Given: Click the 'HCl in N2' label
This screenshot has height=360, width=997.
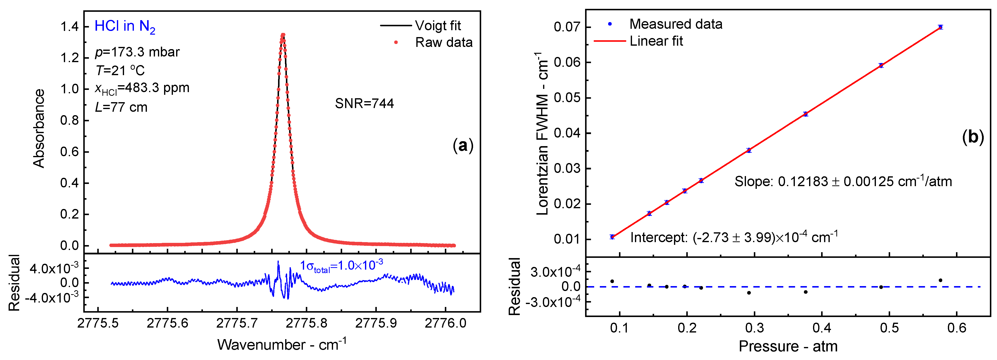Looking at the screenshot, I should pos(125,26).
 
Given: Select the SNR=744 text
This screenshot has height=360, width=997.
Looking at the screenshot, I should pos(364,103).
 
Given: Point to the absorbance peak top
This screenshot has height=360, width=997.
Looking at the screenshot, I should pos(283,35).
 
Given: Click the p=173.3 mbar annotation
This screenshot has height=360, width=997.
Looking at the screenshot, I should pos(137,52).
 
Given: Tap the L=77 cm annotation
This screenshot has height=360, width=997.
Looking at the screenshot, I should pos(121,107).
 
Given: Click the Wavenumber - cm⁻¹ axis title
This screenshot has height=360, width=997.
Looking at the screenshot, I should pos(282,345).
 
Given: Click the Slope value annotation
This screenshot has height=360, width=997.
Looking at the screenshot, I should pos(843,181).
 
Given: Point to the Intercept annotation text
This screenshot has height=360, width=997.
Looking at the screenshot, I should pos(734,237).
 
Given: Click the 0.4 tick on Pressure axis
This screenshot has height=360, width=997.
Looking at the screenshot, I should pos(822,328).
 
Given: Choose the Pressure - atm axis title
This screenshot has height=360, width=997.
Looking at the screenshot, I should pos(788,346).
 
